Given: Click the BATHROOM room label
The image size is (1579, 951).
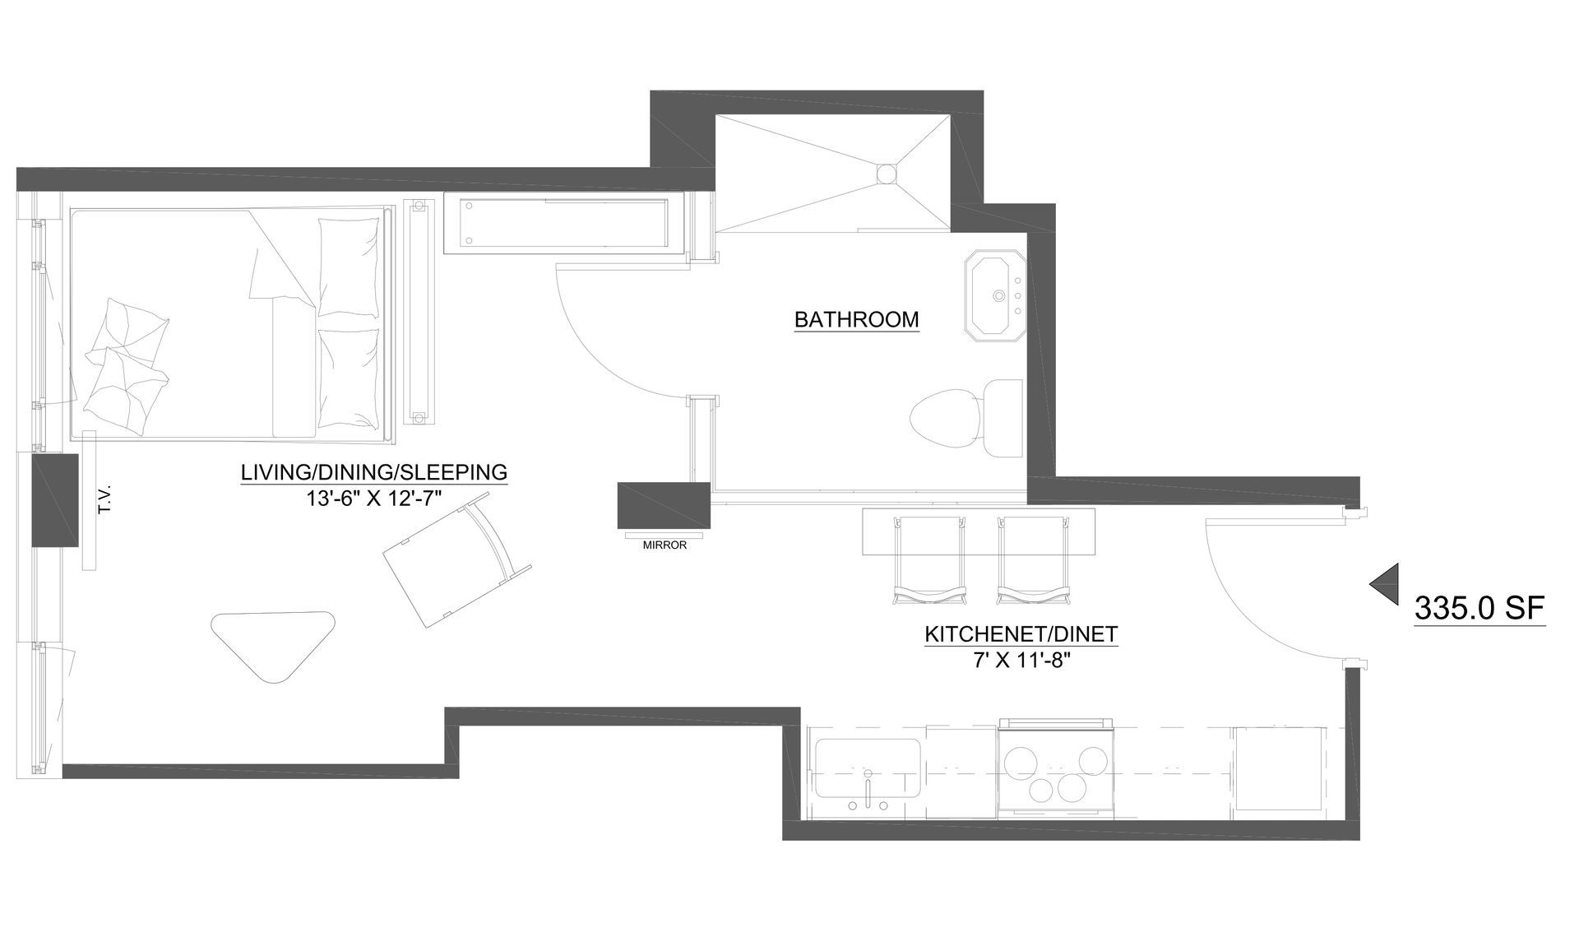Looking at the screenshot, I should click(856, 319).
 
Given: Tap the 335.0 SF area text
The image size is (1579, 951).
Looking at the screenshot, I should click(1479, 608).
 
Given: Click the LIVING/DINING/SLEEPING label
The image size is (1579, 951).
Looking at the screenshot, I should click(373, 472).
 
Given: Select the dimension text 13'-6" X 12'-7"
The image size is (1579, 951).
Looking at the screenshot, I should click(373, 498).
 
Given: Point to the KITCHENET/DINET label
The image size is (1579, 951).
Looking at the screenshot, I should click(1021, 634).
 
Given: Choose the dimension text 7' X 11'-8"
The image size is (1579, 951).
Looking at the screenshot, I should click(1021, 660).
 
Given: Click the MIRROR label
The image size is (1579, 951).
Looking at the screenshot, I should click(664, 545).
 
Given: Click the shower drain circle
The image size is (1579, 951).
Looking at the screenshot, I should click(887, 174).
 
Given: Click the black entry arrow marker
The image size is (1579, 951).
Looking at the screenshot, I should click(1384, 585).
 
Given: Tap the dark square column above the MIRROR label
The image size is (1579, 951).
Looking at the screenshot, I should click(663, 505).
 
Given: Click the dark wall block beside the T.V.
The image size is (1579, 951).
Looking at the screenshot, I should click(54, 499).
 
